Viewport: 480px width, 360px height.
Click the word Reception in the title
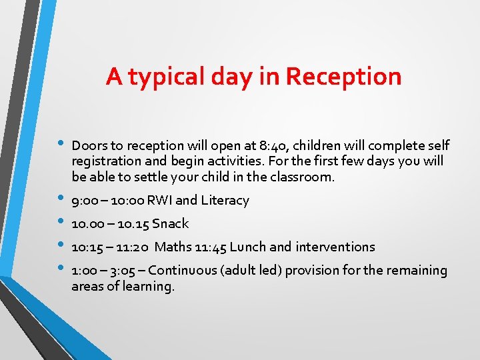(x=343, y=77)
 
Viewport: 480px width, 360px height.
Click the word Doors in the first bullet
(x=87, y=145)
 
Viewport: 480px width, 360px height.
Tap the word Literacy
(x=226, y=201)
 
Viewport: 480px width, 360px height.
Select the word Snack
(x=171, y=224)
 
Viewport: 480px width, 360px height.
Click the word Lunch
(x=249, y=247)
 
